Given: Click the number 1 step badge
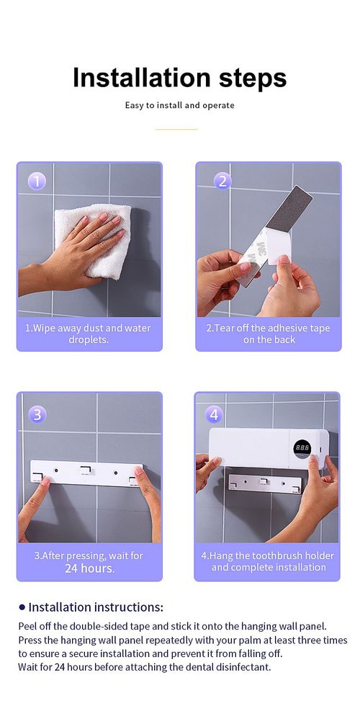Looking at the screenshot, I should tap(37, 181).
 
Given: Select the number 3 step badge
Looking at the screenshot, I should tap(37, 415).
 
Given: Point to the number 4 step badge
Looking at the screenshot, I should tap(214, 415).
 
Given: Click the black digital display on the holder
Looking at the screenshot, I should tap(302, 447).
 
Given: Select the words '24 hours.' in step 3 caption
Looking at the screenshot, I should tap(89, 568).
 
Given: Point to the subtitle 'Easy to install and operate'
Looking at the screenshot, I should tap(179, 105).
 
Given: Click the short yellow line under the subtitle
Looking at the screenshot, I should tap(176, 129).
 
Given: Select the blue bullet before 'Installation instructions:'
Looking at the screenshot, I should tap(22, 607).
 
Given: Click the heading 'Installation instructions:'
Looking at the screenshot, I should tap(96, 607).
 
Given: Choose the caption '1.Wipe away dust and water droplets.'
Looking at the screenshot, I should tap(89, 334).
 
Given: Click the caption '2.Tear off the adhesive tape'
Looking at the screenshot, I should tap(268, 328).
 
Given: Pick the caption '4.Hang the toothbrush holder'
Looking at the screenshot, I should tap(268, 556).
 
